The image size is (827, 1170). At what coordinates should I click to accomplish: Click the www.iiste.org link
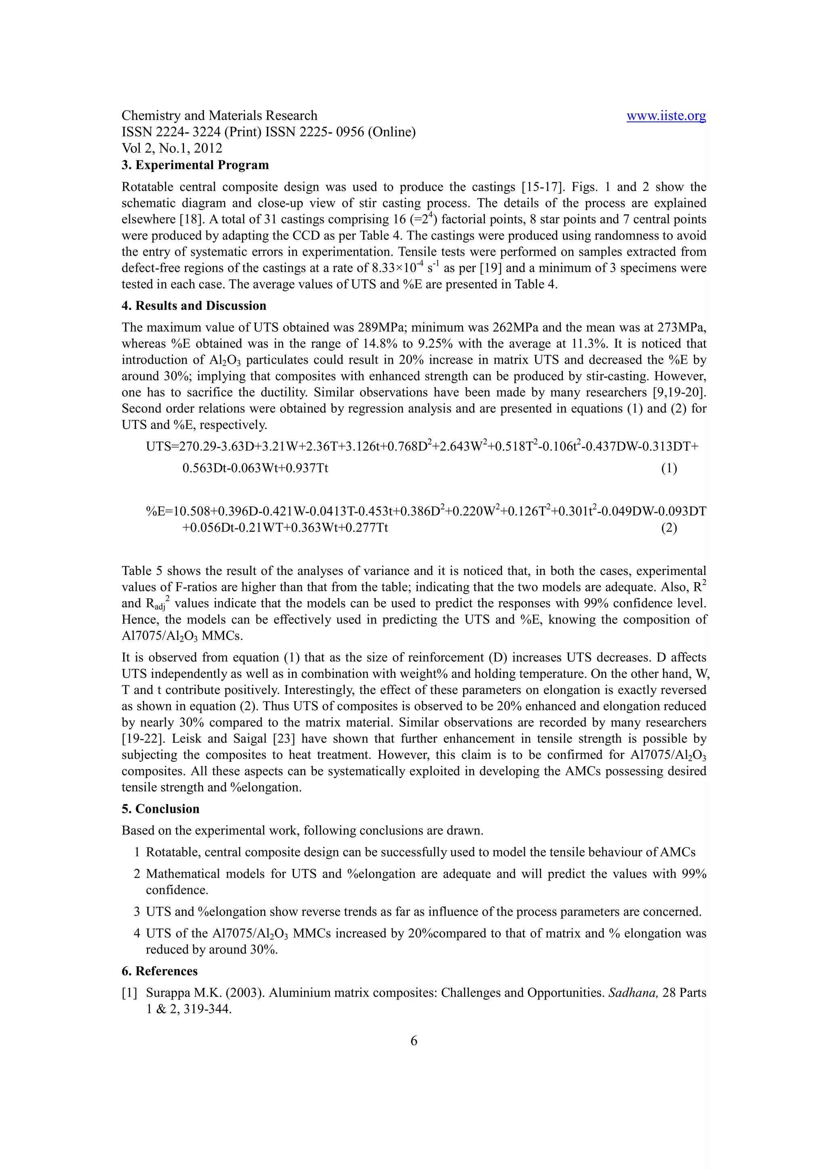pyautogui.click(x=665, y=116)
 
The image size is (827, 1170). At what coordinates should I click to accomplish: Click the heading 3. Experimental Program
pyautogui.click(x=195, y=165)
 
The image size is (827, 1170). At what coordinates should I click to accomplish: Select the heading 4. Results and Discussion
pyautogui.click(x=194, y=306)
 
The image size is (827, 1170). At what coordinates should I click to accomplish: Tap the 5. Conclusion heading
pyautogui.click(x=160, y=809)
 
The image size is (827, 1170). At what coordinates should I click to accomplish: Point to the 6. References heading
pyautogui.click(x=159, y=971)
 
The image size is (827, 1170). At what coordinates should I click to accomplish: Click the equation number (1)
pyautogui.click(x=669, y=468)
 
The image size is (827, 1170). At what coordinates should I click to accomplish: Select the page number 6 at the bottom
pyautogui.click(x=413, y=1040)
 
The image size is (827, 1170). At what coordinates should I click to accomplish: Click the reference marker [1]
pyautogui.click(x=130, y=993)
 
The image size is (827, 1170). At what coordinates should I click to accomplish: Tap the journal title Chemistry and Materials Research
pyautogui.click(x=219, y=116)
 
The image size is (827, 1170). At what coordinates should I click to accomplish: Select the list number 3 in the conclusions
pyautogui.click(x=136, y=912)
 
